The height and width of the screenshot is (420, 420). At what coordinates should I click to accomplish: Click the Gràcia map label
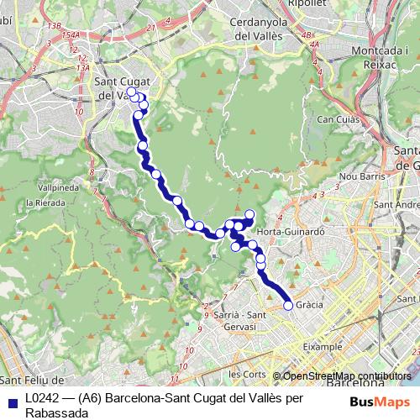point(311,304)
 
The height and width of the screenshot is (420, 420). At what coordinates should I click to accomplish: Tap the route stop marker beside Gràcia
point(288,306)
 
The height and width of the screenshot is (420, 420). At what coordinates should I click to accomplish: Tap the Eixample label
point(324,346)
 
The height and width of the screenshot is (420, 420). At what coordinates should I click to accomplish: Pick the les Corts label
point(247,373)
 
